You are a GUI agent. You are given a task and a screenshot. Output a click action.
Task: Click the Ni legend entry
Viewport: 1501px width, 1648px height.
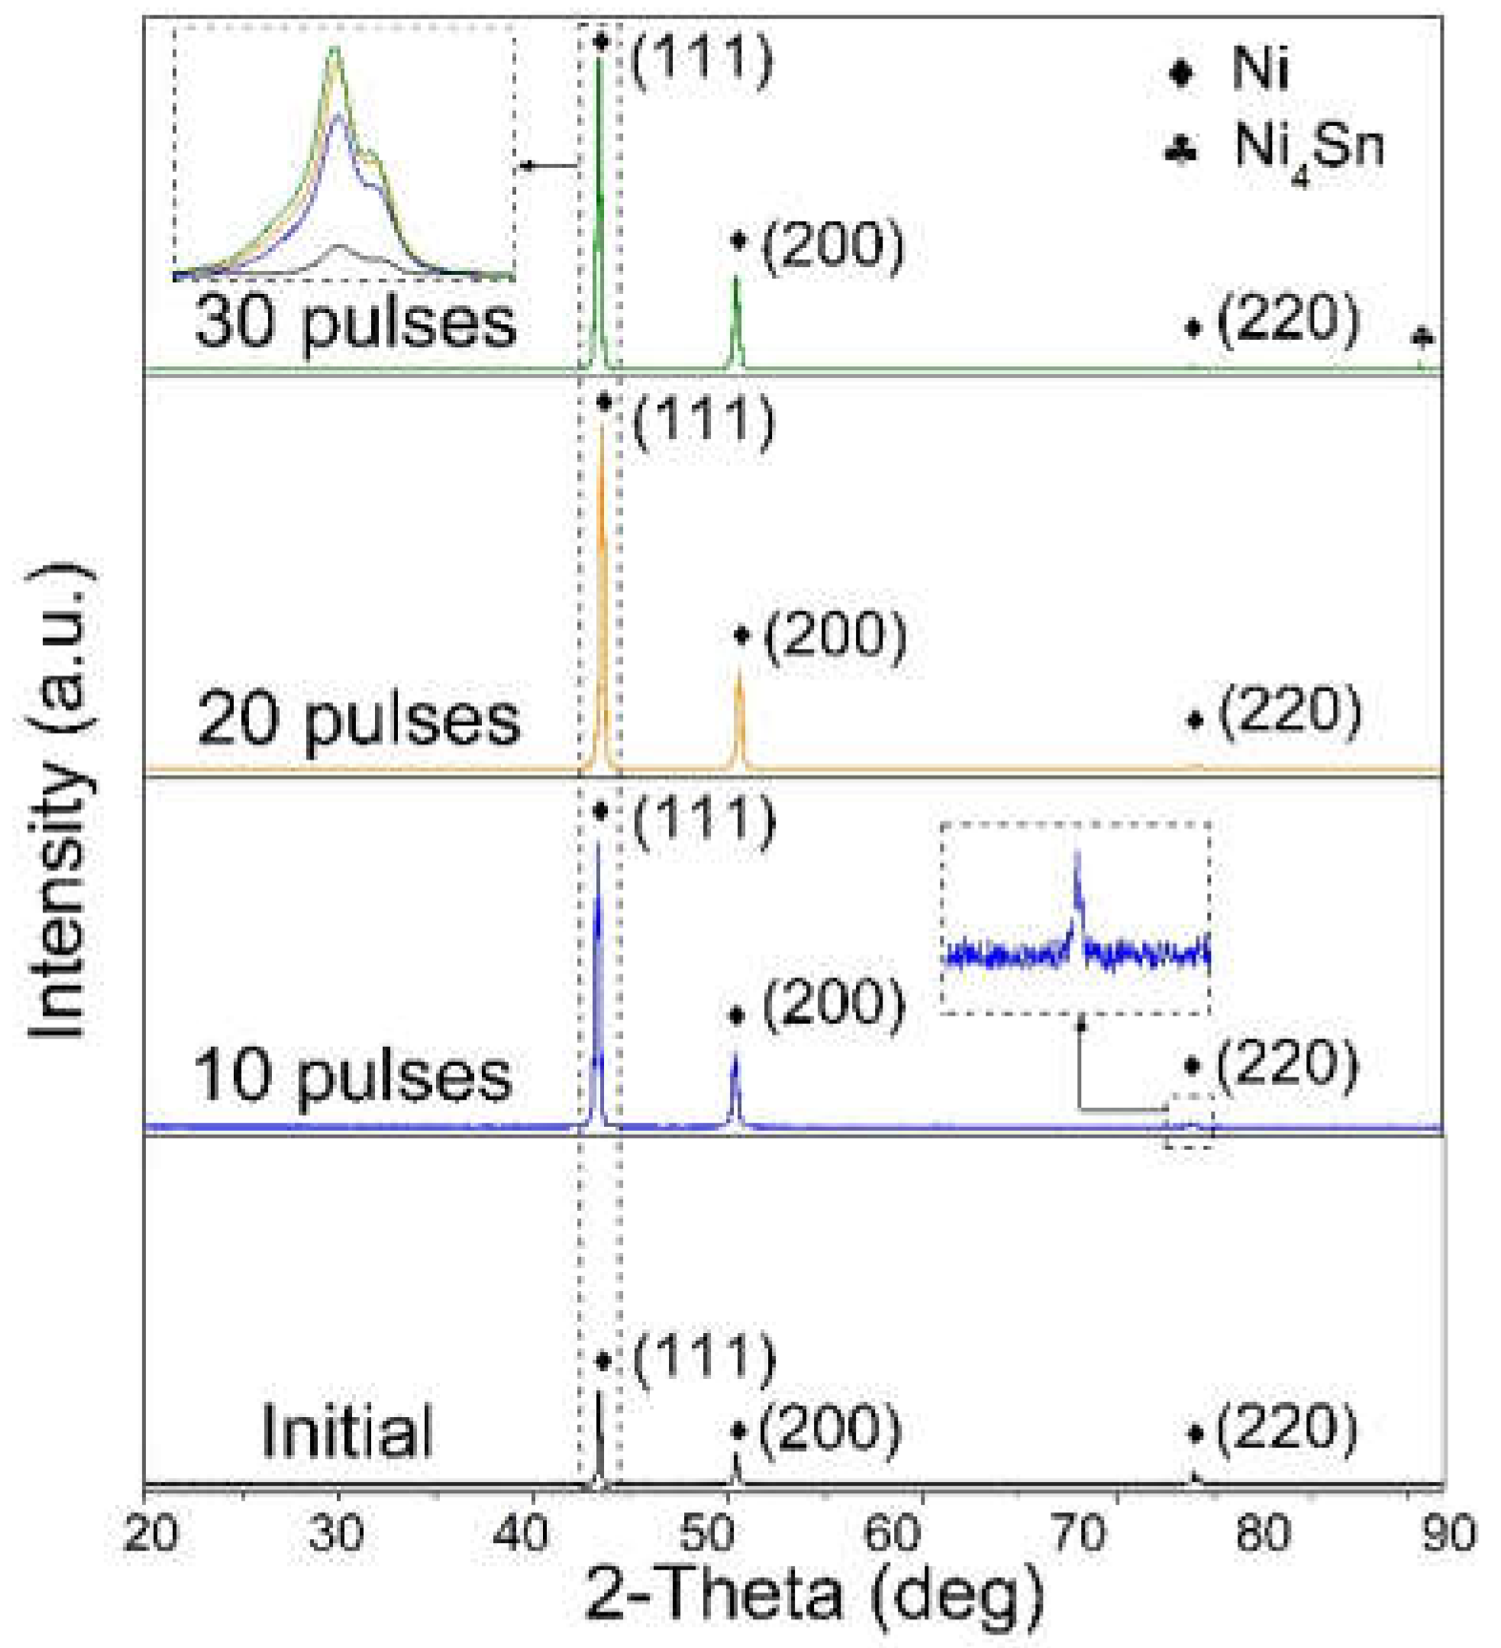click(1232, 70)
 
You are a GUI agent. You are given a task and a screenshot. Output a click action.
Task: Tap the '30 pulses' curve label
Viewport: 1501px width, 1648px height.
click(355, 323)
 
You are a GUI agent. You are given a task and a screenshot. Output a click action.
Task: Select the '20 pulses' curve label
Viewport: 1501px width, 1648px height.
click(358, 720)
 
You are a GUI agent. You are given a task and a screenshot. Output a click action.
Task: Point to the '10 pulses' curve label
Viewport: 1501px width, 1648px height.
click(353, 1075)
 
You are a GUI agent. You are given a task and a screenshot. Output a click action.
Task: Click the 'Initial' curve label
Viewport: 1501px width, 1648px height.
click(346, 1431)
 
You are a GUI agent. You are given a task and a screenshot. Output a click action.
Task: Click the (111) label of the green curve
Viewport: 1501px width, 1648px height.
click(701, 59)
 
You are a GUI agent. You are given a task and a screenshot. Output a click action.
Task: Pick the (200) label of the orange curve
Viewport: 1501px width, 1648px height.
click(835, 636)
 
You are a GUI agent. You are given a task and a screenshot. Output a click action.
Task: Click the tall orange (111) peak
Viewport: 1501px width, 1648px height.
click(602, 573)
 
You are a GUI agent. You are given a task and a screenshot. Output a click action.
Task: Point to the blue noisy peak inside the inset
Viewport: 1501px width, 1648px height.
click(1078, 887)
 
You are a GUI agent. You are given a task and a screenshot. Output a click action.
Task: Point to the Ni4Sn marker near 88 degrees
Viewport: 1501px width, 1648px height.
click(1422, 337)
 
